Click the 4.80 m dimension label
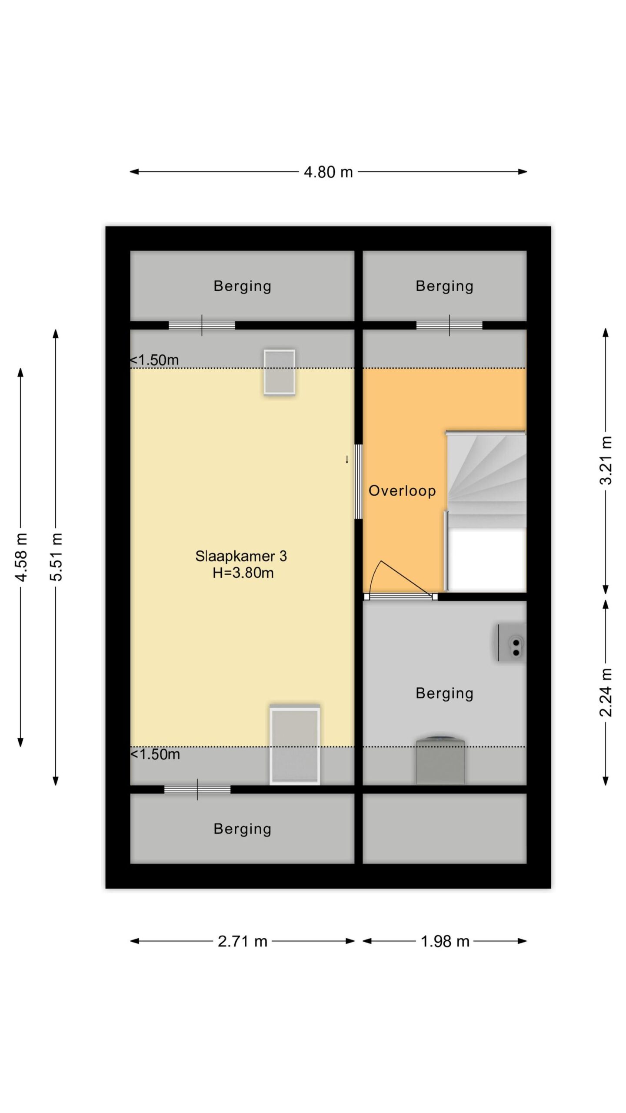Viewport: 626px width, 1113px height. pyautogui.click(x=328, y=172)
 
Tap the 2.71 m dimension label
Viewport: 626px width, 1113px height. pyautogui.click(x=243, y=941)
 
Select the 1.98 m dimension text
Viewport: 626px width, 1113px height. pyautogui.click(x=445, y=941)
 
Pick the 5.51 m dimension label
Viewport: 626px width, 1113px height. pyautogui.click(x=57, y=557)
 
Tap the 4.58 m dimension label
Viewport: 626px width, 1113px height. pyautogui.click(x=21, y=557)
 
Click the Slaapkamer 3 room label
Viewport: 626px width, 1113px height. pyautogui.click(x=241, y=556)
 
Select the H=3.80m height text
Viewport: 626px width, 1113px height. pyautogui.click(x=243, y=573)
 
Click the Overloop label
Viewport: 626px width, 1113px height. pyautogui.click(x=402, y=491)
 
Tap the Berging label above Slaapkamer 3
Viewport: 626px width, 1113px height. pyautogui.click(x=243, y=287)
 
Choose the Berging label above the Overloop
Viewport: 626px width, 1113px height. pyautogui.click(x=444, y=287)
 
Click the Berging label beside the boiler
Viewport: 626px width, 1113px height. pyautogui.click(x=444, y=693)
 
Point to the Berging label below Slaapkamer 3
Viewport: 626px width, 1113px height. pyautogui.click(x=243, y=829)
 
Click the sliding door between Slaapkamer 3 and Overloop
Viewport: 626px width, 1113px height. pyautogui.click(x=359, y=481)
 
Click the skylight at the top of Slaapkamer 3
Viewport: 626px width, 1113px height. pyautogui.click(x=280, y=372)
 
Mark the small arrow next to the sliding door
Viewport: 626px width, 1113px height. pyautogui.click(x=347, y=459)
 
